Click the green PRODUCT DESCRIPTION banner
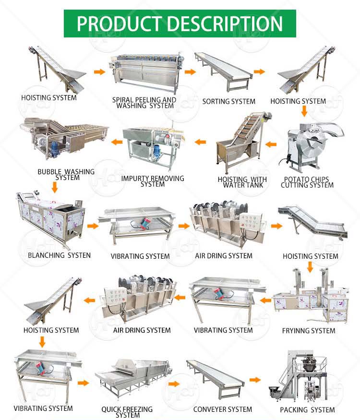180,23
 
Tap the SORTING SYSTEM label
228,101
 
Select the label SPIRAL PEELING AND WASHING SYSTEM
144,103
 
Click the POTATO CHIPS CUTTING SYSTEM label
307,182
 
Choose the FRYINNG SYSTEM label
309,331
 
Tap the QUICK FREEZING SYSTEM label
127,412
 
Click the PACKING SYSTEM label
308,409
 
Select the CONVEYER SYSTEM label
222,409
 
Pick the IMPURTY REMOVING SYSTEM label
153,181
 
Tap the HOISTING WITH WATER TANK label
242,182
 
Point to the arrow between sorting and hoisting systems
260,72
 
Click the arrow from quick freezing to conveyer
174,384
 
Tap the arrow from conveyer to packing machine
256,380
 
